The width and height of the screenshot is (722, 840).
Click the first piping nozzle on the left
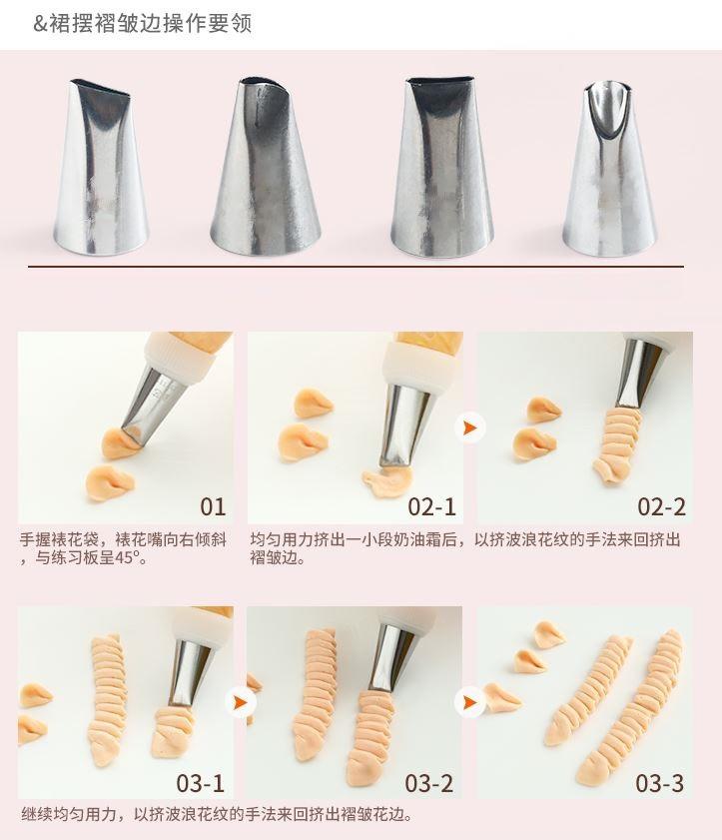(101, 167)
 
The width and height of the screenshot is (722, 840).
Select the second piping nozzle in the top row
(265, 166)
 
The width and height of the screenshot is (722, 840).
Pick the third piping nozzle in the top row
(441, 166)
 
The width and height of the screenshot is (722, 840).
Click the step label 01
(213, 506)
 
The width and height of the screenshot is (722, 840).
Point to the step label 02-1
(431, 506)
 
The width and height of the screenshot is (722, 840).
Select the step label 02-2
(661, 506)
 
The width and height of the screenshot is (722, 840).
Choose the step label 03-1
(201, 784)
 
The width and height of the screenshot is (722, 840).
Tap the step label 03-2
(429, 784)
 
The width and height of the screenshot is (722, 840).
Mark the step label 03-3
(659, 784)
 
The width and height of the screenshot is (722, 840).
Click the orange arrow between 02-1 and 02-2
(470, 428)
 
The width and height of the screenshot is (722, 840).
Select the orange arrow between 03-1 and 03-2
(241, 702)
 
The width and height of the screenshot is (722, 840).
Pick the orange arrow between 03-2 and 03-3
(470, 702)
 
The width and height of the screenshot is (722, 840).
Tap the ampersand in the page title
(40, 24)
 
